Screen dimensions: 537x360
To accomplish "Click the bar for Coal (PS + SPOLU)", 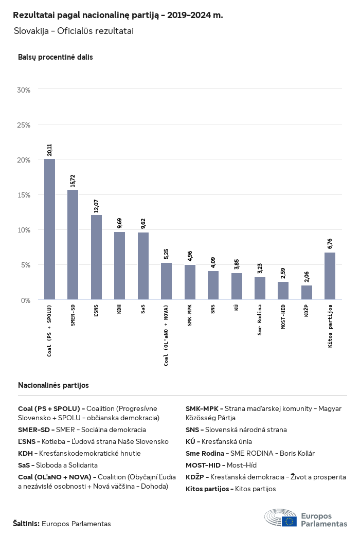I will [49, 229].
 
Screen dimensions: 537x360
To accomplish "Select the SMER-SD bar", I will [73, 245].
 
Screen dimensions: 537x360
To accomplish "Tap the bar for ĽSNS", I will [96, 257].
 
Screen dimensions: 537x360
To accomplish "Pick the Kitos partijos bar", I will [330, 276].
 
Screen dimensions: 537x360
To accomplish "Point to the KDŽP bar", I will [307, 293].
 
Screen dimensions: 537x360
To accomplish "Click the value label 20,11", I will [49, 150].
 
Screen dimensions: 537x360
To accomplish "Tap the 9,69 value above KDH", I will [119, 223].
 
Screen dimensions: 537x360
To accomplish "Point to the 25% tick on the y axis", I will [24, 125].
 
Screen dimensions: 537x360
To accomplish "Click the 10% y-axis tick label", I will [24, 230].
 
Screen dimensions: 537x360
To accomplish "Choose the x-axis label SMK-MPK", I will [189, 315].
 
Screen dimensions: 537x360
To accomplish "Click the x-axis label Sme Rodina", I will [260, 320].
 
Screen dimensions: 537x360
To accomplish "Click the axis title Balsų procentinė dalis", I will [56, 57].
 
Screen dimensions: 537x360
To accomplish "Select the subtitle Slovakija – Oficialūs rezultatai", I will [74, 31].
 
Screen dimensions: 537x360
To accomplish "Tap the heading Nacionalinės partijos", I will [53, 385].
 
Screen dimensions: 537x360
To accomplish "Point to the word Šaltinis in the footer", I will [26, 524].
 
